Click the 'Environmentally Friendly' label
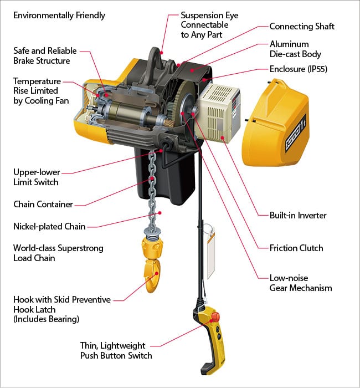59,15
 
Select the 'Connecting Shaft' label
301,26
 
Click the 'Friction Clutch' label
297,248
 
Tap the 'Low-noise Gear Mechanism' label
300,283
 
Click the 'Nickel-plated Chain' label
49,226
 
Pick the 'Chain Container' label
43,204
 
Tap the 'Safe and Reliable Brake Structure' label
45,55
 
